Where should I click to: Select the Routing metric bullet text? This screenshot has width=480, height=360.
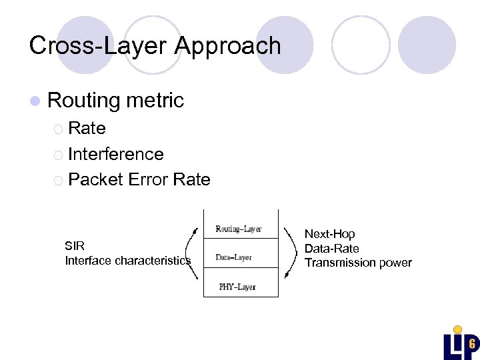(115, 100)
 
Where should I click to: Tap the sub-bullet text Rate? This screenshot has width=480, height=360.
(87, 128)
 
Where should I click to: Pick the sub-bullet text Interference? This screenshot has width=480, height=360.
(115, 154)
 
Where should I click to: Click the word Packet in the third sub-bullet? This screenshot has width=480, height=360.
(95, 179)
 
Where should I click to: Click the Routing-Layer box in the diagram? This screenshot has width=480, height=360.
(239, 229)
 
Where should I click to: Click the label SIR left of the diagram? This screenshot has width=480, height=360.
(75, 246)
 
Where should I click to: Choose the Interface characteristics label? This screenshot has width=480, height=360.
(127, 261)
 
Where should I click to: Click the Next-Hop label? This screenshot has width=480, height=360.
(329, 234)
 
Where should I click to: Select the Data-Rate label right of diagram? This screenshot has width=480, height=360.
(331, 248)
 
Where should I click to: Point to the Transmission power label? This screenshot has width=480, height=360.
(358, 263)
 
